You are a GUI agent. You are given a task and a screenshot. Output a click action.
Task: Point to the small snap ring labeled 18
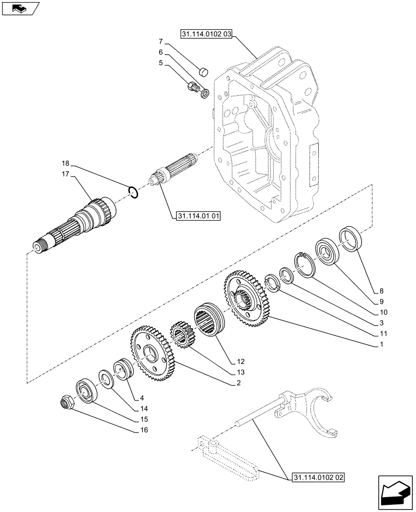[133, 193]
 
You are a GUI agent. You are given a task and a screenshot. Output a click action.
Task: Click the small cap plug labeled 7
[203, 71]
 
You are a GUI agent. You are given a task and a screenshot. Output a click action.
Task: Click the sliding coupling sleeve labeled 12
[207, 320]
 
